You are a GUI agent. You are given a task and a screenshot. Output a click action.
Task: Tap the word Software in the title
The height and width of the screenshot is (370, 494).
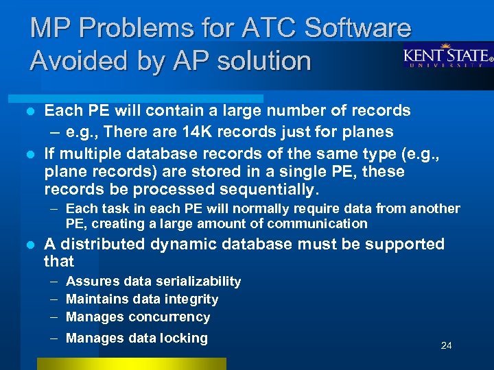(357, 27)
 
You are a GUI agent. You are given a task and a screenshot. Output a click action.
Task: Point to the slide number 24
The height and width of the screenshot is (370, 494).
(446, 345)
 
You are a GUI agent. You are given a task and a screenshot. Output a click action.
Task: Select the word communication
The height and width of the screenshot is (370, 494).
(318, 223)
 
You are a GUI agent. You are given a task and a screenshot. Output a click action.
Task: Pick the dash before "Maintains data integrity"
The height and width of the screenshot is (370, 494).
(53, 299)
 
